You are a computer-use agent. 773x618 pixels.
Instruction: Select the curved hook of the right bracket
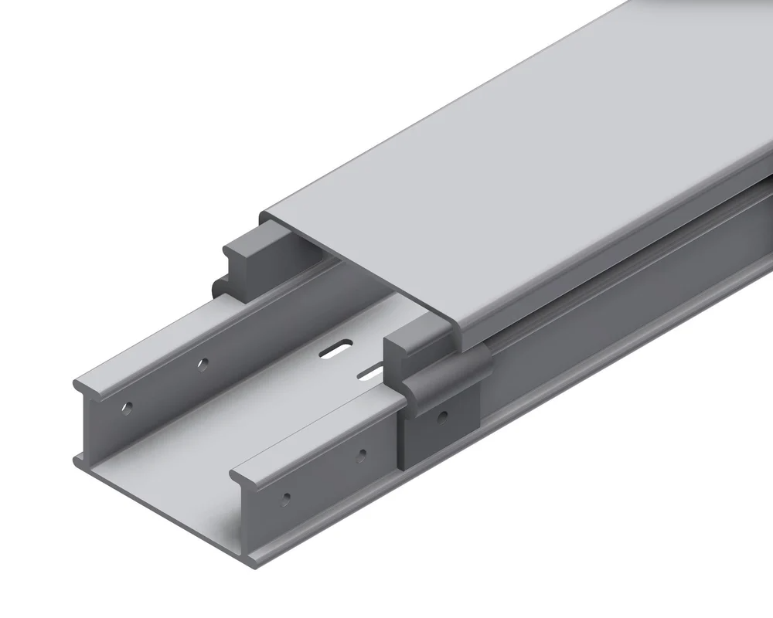(448, 371)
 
